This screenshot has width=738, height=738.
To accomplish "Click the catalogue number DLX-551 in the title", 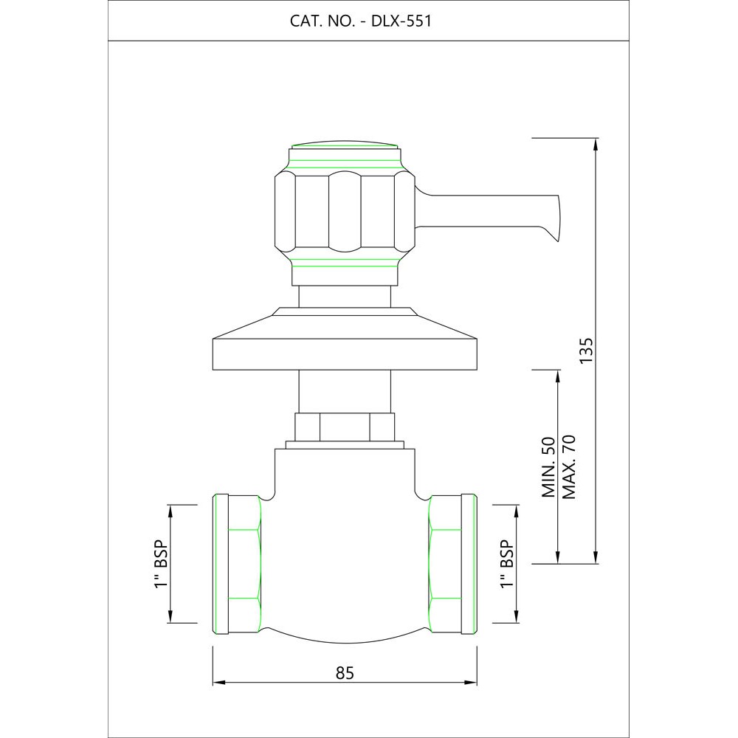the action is pyautogui.click(x=401, y=21).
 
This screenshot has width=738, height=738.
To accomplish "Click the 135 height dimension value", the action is pyautogui.click(x=587, y=350).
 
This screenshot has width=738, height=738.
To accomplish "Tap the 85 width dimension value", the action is pyautogui.click(x=345, y=673).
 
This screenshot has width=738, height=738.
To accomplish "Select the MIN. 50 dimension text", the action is pyautogui.click(x=549, y=467).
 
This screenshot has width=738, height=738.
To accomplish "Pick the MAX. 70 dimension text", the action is pyautogui.click(x=569, y=467).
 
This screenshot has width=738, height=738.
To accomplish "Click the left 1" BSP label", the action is pyautogui.click(x=161, y=563).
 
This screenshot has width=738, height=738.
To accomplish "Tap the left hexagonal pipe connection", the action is pyautogui.click(x=237, y=563).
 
